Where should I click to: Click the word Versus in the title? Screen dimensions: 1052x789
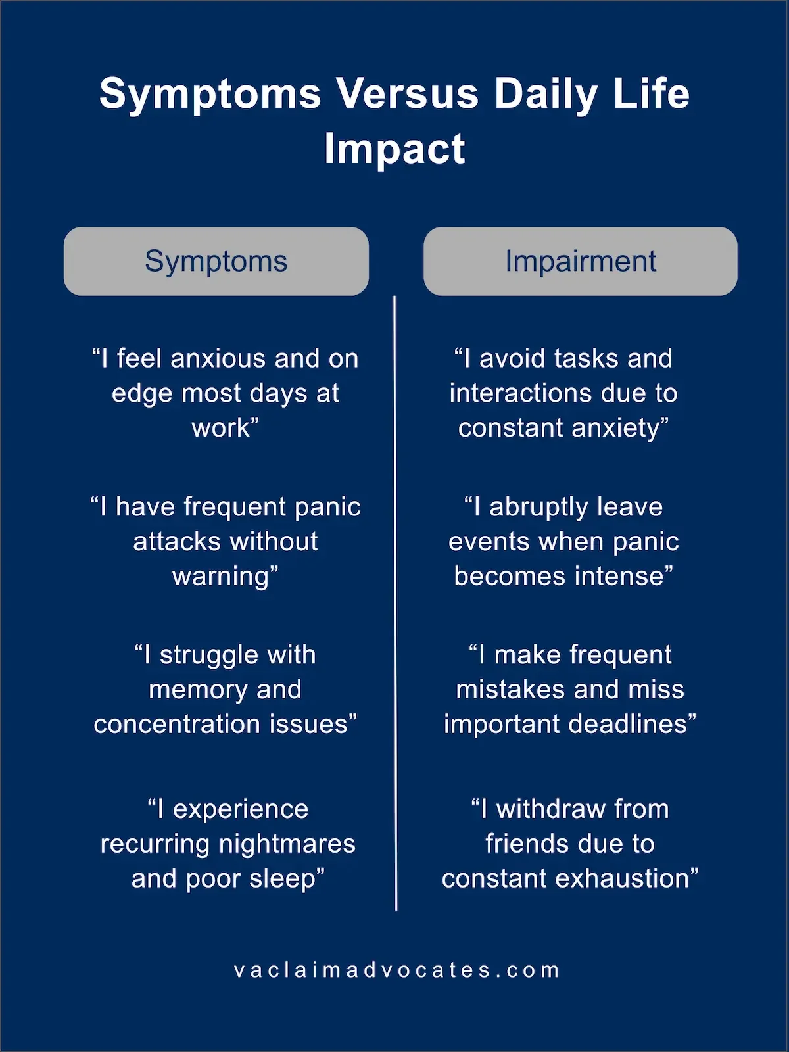point(407,93)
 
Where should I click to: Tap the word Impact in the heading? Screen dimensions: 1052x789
point(394,149)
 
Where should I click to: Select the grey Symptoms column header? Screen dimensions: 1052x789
point(216,261)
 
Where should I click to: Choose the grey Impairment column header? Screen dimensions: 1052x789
point(580,261)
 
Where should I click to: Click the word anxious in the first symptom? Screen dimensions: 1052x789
point(218,358)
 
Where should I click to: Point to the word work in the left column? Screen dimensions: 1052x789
point(221,428)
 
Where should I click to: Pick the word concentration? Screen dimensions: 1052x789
point(178,724)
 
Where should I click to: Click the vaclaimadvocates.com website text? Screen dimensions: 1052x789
point(396,970)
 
